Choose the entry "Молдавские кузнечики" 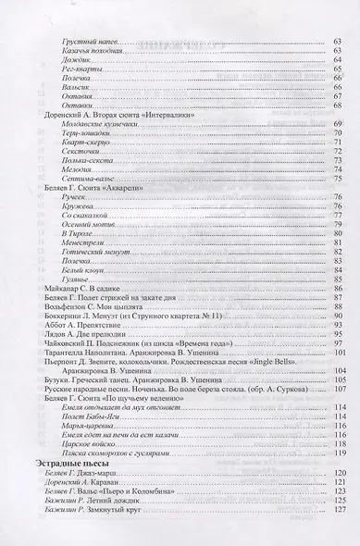click(x=96, y=124)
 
